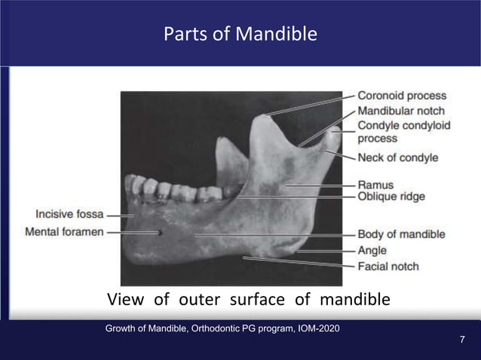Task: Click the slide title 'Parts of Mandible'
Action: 240,34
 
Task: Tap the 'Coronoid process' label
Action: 401,96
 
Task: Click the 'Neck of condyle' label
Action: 397,157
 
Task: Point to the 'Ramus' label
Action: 375,185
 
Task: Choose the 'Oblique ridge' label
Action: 391,197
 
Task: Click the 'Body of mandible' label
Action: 400,234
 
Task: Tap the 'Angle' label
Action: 372,250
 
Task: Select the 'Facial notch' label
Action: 388,266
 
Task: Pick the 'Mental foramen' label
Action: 64,231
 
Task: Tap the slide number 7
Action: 462,341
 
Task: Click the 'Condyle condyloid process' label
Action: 403,132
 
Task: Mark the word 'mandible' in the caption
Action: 356,300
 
